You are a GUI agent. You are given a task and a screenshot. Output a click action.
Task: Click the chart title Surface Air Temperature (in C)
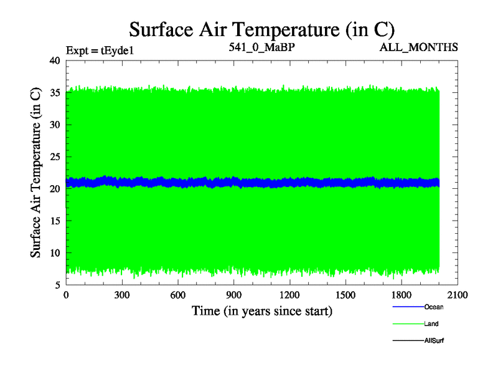tap(261, 29)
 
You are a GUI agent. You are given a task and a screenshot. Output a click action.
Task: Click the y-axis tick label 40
tap(54, 60)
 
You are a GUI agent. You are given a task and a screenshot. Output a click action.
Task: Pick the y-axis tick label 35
tap(54, 93)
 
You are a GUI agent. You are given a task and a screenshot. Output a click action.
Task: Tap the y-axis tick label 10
tap(54, 253)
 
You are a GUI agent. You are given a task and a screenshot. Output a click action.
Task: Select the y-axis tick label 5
tap(57, 285)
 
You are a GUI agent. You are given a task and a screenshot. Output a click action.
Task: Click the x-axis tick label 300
tap(122, 295)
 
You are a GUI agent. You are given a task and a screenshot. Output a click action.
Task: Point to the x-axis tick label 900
tap(234, 295)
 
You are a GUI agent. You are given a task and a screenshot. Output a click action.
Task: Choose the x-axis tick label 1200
tap(290, 295)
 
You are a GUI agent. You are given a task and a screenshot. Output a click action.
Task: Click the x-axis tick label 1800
tap(402, 295)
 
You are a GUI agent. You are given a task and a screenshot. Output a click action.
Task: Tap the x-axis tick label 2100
tap(458, 295)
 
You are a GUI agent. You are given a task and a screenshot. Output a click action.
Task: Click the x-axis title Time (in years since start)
tap(261, 310)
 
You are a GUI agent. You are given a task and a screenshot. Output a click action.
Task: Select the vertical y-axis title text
tap(37, 173)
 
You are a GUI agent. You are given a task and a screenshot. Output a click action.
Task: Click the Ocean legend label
tap(434, 307)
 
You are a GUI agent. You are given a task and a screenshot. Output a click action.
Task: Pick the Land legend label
tap(431, 324)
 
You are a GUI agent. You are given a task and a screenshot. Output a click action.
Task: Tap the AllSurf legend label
tap(434, 341)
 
